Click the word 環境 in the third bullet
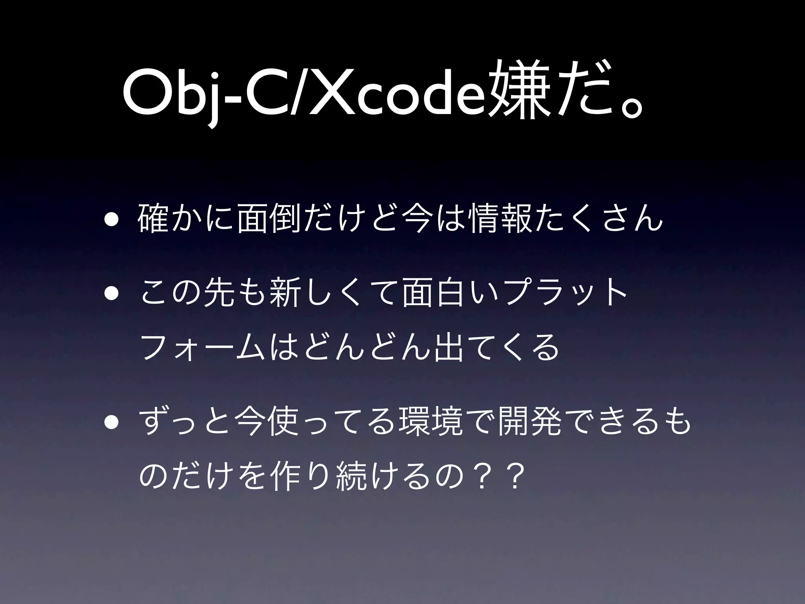431,426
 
